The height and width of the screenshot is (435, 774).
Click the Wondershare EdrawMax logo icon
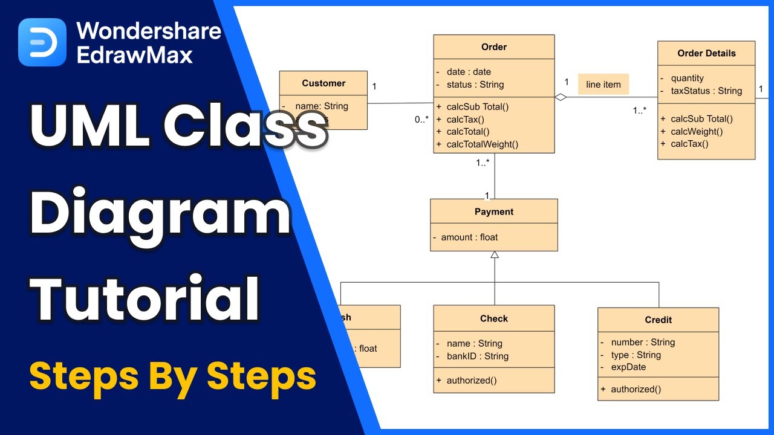click(42, 42)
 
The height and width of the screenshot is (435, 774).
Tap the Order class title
click(493, 47)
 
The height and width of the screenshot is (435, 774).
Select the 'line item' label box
click(603, 85)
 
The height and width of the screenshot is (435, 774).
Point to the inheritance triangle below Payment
click(495, 256)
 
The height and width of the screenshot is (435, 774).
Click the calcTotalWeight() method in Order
click(482, 144)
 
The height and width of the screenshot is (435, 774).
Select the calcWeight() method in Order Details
click(697, 131)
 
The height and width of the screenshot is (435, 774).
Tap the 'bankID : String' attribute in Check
click(477, 356)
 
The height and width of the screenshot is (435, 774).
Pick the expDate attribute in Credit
click(628, 367)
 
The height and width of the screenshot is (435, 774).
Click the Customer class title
click(324, 83)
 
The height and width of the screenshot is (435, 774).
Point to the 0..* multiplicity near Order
click(421, 120)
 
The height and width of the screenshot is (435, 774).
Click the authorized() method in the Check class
click(471, 380)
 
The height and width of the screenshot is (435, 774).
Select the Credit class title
click(658, 320)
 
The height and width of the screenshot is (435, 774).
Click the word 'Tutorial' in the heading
click(145, 298)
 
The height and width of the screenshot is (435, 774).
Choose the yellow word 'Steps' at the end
click(261, 375)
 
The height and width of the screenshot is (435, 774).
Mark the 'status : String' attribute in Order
click(475, 85)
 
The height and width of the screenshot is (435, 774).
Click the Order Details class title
click(706, 53)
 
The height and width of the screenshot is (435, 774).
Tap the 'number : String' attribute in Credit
click(643, 342)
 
